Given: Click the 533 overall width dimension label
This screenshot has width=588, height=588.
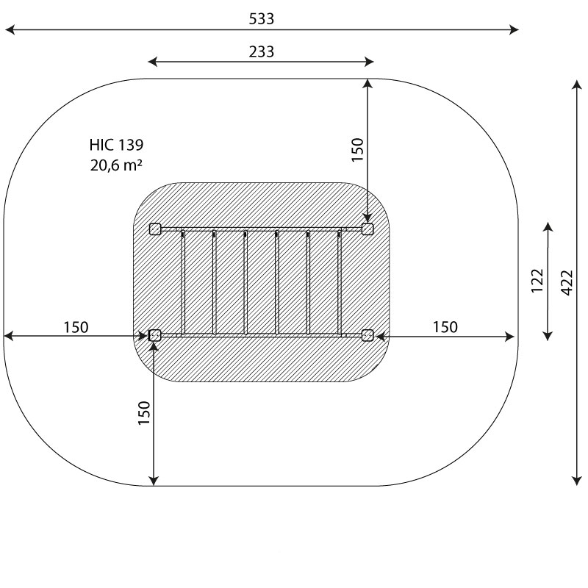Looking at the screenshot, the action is [262, 19].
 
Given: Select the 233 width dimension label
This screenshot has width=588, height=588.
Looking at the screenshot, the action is [262, 51].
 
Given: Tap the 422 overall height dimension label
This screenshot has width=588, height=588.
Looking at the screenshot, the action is [567, 283].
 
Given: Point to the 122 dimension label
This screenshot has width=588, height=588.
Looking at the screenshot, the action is [537, 281].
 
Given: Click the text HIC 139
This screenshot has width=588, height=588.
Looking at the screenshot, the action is [116, 145].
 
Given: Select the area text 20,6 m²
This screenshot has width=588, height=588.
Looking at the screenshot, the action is [116, 165].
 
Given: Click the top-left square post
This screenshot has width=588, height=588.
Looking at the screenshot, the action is [155, 229].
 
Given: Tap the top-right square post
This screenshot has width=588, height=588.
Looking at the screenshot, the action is [367, 229].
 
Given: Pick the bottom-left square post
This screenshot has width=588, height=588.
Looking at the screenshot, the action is [155, 335].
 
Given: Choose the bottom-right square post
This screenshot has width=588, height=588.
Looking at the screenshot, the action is [367, 335].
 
